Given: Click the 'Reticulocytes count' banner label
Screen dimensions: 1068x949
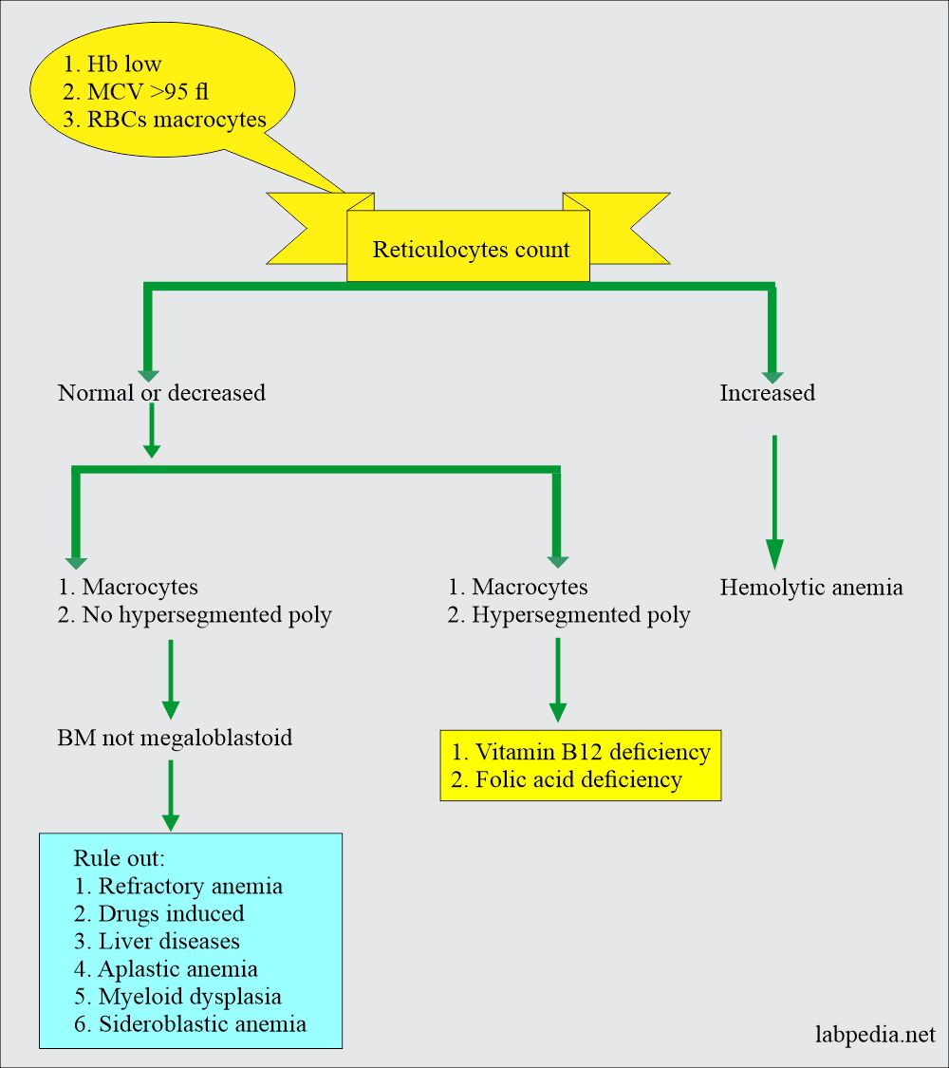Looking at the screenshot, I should pos(471,250).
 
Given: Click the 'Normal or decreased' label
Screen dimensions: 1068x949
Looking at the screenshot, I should pos(161,392).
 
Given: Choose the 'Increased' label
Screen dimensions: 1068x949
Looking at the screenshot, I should pos(767,392).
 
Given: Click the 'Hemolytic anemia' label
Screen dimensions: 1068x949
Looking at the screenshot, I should pos(810,588).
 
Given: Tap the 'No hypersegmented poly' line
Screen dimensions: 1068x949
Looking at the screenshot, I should pos(206,615).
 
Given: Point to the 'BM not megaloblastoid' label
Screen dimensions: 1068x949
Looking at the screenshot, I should pos(175,737).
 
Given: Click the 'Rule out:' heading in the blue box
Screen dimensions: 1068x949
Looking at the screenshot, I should pos(119,858).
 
